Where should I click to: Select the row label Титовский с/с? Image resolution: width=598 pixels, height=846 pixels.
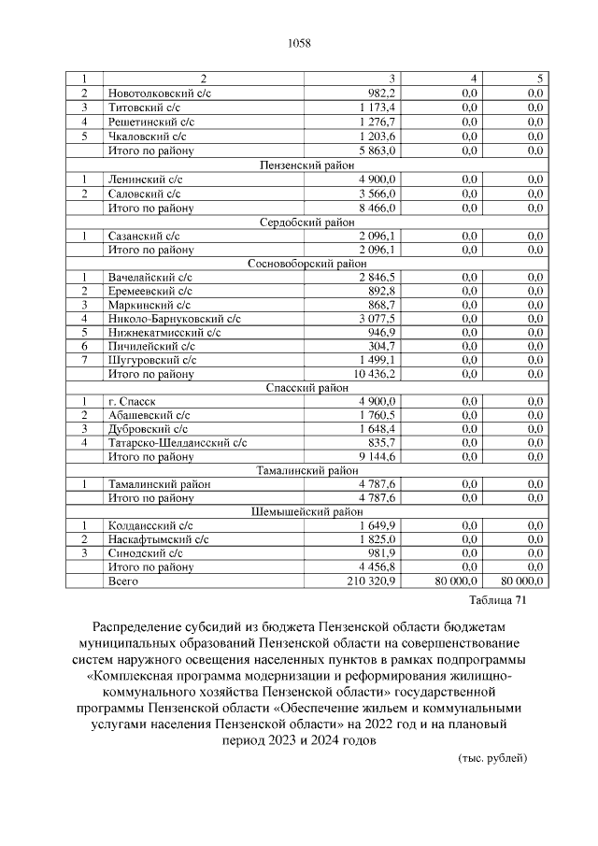click(x=137, y=108)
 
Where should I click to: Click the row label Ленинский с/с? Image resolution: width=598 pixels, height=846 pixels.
click(x=140, y=179)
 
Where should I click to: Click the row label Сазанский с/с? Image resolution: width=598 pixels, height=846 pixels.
click(x=142, y=236)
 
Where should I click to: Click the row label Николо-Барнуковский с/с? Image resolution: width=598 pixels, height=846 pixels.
click(x=174, y=319)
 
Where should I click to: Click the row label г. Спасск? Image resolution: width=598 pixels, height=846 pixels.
click(x=130, y=402)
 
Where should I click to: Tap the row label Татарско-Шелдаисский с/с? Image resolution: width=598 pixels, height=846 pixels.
click(x=177, y=443)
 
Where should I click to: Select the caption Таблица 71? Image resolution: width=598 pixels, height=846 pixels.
click(x=498, y=600)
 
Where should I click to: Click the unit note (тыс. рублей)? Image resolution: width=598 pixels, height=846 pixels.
click(x=492, y=757)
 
